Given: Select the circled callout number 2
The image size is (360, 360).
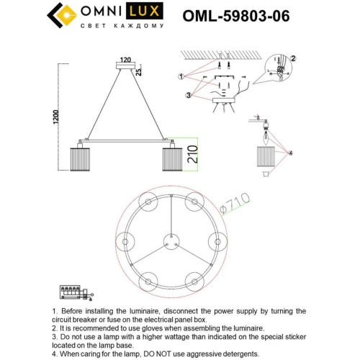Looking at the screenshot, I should click(x=293, y=58).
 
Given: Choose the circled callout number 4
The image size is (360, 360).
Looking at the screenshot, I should click(x=292, y=152).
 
